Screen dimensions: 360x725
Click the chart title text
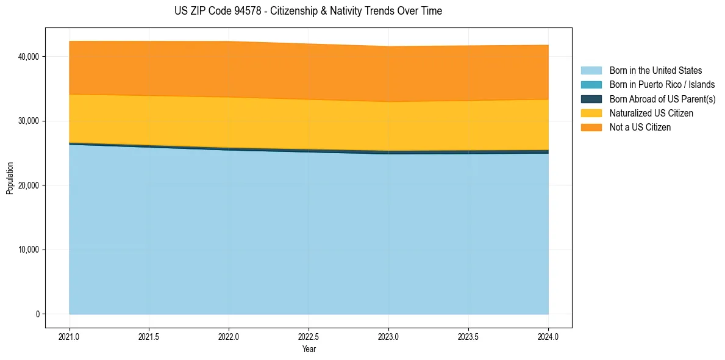[308, 11]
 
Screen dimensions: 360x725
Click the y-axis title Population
[10, 178]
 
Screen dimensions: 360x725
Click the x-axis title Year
[309, 349]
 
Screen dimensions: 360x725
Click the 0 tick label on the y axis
[37, 314]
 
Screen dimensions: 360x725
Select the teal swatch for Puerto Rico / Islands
[591, 85]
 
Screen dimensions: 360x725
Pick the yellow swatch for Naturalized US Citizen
[591, 113]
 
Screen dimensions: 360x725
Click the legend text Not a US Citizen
[640, 127]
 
